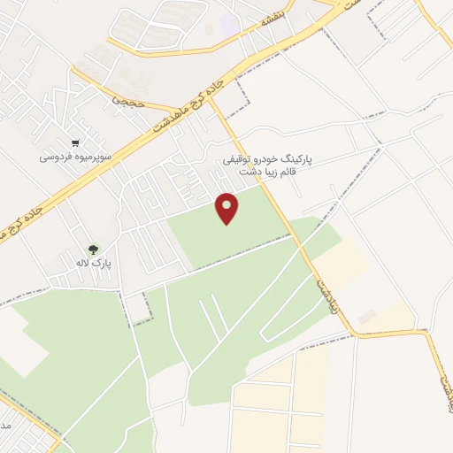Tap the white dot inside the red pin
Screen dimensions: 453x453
pyautogui.click(x=227, y=204)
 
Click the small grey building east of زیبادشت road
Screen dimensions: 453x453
pyautogui.click(x=366, y=316)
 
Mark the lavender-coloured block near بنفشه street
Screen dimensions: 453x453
pyautogui.click(x=229, y=24)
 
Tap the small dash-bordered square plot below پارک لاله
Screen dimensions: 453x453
pyautogui.click(x=135, y=307)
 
